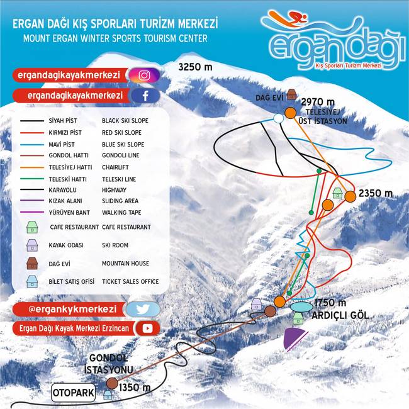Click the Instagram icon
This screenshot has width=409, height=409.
click(x=144, y=76)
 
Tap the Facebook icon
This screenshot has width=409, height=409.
click(x=144, y=96)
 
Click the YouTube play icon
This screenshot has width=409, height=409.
click(x=148, y=328)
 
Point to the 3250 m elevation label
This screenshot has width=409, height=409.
click(x=195, y=67)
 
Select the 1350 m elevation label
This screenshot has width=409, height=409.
click(x=135, y=388)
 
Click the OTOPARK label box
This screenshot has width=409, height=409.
click(x=74, y=394)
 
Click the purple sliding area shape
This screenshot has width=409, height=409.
click(x=294, y=337)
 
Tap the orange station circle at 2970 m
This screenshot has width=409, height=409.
click(x=290, y=113)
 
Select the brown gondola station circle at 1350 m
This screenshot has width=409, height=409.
click(x=112, y=383)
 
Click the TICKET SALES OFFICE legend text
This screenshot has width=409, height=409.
click(x=130, y=281)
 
